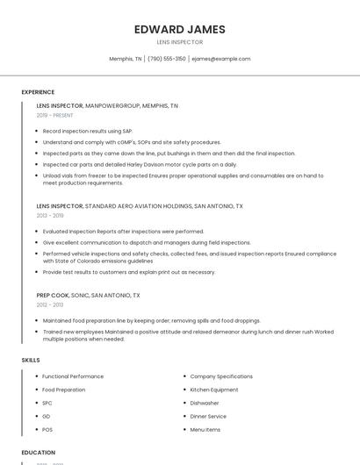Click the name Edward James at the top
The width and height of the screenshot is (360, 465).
coord(179,29)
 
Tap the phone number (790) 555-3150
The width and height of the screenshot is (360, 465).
coord(166,59)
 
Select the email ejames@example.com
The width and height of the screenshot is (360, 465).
coord(220,59)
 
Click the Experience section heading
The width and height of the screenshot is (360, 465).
coord(38,92)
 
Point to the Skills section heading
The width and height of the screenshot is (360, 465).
coord(30,360)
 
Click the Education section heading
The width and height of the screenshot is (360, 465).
coord(38,453)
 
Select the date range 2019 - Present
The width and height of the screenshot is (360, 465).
coord(54,115)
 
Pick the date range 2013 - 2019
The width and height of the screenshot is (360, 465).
coord(50,215)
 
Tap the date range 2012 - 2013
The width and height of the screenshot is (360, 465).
coord(50,304)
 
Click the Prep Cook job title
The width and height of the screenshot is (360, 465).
coord(53,295)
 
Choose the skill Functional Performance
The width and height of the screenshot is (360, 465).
coord(73,376)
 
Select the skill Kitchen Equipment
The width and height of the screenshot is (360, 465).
coord(214,390)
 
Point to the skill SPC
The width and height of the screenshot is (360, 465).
coord(47,403)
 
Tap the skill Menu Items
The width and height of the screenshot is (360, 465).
coord(205,429)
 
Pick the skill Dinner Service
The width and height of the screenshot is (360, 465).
coord(208,416)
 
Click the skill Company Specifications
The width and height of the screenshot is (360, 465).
coord(221,376)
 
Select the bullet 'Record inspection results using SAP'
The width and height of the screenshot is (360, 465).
coord(88,131)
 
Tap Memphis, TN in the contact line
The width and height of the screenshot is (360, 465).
coord(125,59)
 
